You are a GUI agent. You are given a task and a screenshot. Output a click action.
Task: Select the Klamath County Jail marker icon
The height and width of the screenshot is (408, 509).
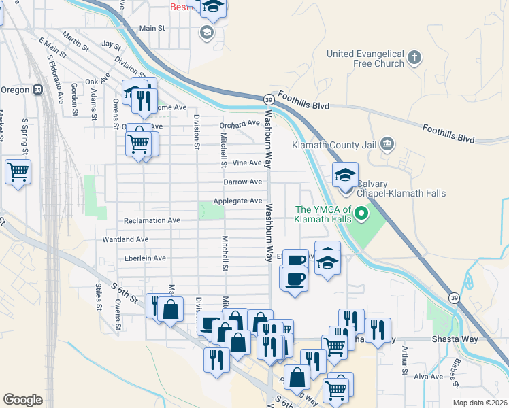[387, 144]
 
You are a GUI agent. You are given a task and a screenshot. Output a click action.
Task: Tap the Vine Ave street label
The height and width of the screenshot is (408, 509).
[246, 163]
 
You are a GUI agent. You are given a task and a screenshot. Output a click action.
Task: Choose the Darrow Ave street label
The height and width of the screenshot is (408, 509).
[242, 182]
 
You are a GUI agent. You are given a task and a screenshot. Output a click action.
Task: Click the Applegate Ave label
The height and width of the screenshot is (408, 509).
[237, 201]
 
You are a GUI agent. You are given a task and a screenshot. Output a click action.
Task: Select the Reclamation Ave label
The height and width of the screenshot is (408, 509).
[152, 220]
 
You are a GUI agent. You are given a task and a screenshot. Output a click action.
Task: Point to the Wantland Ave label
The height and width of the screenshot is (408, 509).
[125, 239]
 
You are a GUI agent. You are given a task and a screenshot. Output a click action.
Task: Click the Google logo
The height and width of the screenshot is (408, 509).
[22, 400]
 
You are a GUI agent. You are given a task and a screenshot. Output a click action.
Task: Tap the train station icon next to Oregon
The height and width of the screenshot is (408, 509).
[39, 89]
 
